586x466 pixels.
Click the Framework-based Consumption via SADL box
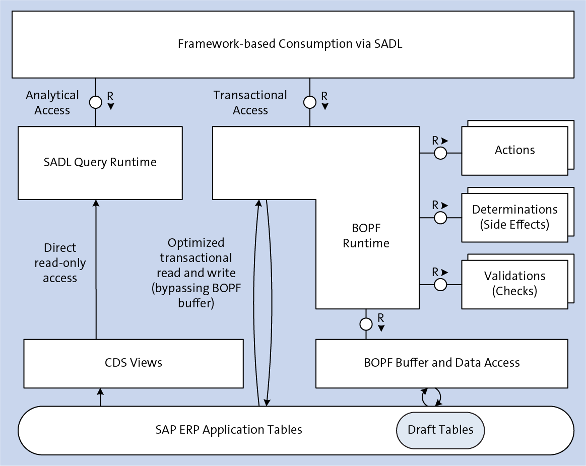(292, 44)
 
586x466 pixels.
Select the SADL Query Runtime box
(100, 162)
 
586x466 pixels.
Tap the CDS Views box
(134, 363)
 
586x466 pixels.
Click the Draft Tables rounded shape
(440, 430)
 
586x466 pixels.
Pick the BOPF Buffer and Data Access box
(441, 363)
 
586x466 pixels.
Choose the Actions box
(514, 150)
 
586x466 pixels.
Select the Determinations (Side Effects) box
(514, 217)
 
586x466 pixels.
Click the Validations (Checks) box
(514, 284)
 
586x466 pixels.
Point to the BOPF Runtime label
(366, 236)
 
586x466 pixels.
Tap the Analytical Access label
(52, 103)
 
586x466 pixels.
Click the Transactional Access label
(250, 103)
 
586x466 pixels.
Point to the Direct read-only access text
(60, 263)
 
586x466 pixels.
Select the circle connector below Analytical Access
(96, 103)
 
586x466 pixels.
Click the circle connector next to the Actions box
(440, 153)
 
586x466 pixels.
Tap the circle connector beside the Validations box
(440, 285)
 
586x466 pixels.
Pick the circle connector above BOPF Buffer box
(366, 323)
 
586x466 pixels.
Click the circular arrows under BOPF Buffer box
(431, 397)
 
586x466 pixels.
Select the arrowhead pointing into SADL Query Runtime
(96, 203)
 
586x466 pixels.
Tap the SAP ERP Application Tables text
(229, 430)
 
